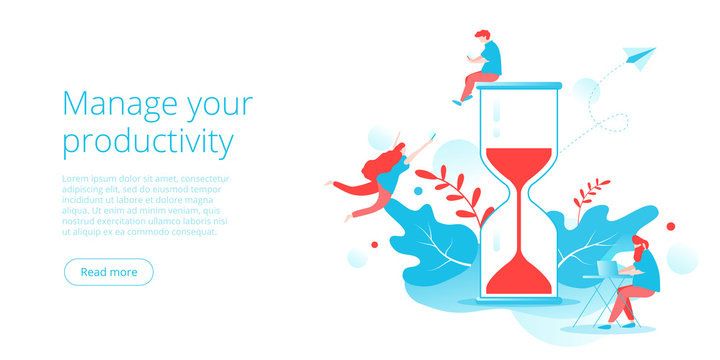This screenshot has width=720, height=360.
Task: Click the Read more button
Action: (108, 272)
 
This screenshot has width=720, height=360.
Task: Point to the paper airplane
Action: (637, 56)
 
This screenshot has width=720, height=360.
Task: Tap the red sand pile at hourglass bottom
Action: (517, 278)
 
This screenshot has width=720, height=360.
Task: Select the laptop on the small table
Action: (610, 268)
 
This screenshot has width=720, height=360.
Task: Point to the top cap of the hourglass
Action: (516, 87)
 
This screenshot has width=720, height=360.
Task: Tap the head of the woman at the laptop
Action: (639, 243)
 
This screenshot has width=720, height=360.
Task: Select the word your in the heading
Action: (217, 104)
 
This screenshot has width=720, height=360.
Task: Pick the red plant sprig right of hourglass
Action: (591, 195)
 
